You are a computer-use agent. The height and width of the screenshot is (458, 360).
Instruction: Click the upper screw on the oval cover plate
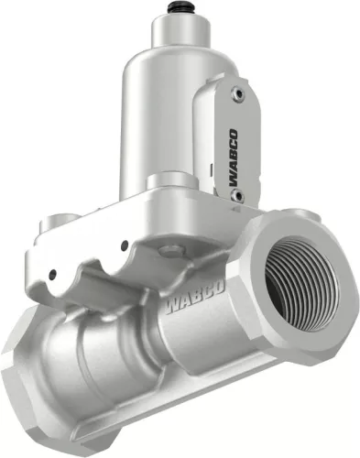point(240,93)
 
